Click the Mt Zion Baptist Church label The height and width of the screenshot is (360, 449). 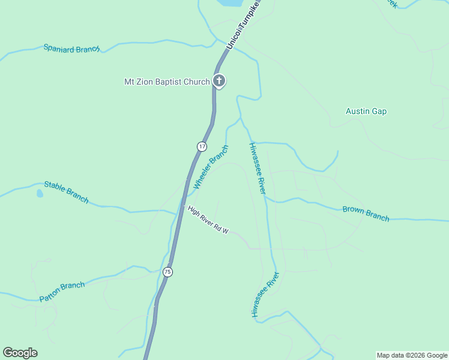[x=167, y=82]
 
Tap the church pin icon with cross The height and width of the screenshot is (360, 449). [x=219, y=81]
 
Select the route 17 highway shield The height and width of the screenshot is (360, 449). [x=202, y=146]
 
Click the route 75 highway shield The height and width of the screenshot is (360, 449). [x=168, y=271]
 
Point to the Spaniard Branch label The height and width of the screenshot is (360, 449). [x=71, y=49]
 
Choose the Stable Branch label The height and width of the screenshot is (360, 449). [x=67, y=192]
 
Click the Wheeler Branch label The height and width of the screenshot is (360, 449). [x=211, y=167]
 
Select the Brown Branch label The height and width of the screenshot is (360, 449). [x=366, y=213]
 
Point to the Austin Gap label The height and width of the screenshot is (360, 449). [x=366, y=111]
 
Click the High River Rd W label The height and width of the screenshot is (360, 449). [x=208, y=220]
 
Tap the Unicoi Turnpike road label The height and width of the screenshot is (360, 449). [x=243, y=25]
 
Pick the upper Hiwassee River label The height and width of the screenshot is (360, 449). [x=257, y=169]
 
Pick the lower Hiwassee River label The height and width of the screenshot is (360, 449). [x=265, y=295]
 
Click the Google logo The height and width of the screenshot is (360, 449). [x=20, y=352]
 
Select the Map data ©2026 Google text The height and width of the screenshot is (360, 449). [x=411, y=355]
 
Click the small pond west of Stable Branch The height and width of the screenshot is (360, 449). [x=39, y=194]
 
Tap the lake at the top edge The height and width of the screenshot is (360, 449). [x=231, y=2]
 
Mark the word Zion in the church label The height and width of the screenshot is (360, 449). [x=146, y=82]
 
